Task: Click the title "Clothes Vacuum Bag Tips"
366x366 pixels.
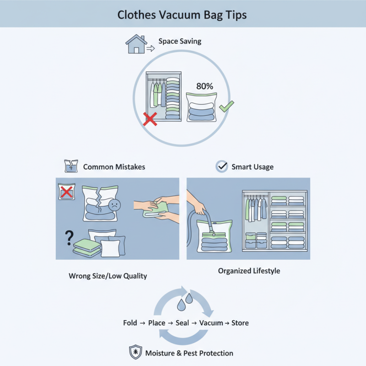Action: click(x=182, y=15)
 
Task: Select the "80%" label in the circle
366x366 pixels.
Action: click(x=205, y=86)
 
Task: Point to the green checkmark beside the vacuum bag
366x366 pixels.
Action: click(x=226, y=107)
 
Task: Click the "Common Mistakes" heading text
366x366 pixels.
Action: click(x=114, y=167)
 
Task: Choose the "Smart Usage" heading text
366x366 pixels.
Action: click(x=253, y=167)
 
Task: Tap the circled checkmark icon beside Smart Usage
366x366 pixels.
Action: click(x=222, y=167)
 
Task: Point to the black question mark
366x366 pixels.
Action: click(x=70, y=237)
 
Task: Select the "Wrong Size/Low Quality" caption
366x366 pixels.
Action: click(x=108, y=276)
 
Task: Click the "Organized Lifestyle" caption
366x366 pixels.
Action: click(x=249, y=271)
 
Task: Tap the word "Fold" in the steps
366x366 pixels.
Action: click(x=130, y=323)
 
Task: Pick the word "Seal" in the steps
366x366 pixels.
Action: click(x=182, y=323)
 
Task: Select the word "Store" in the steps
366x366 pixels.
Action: click(x=240, y=323)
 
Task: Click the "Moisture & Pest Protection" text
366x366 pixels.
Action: click(x=189, y=353)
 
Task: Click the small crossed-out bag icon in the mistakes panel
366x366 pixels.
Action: click(x=66, y=191)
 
